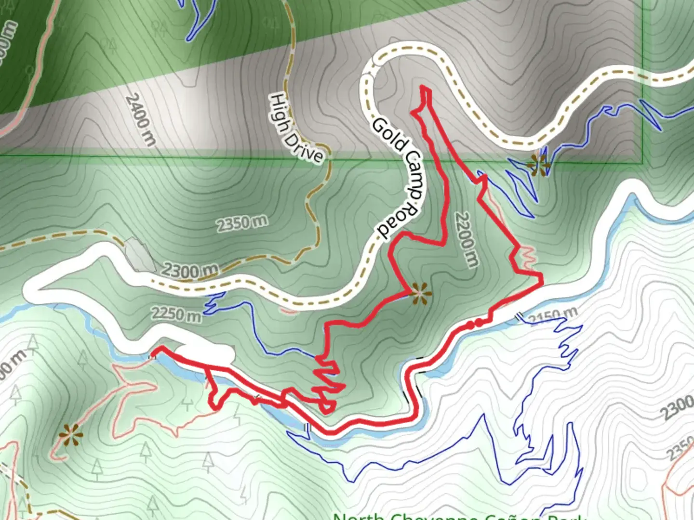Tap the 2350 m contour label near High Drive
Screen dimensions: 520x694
coord(241,223)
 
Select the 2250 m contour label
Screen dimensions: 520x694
coord(176,314)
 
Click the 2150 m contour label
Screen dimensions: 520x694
coord(553,316)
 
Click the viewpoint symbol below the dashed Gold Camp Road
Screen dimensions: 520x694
coord(538,164)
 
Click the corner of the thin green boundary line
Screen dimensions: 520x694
coord(643,163)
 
